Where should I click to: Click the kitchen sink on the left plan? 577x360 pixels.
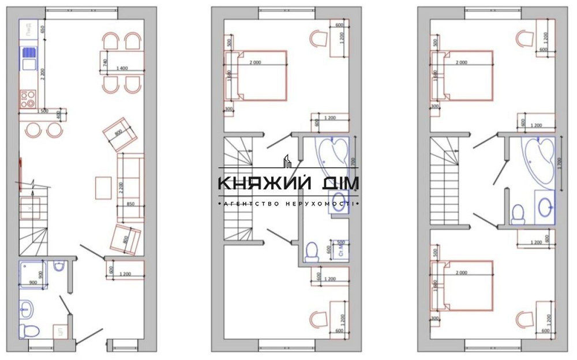point(29,58)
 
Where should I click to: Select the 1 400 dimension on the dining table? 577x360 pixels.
point(122,69)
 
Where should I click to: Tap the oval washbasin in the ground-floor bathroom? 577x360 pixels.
point(27,310)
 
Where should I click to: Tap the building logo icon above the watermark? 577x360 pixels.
point(287,162)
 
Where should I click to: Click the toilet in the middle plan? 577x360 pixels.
point(312,250)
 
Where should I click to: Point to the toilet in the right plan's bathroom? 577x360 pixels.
point(518,213)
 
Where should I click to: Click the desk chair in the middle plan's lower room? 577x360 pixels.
point(317,317)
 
